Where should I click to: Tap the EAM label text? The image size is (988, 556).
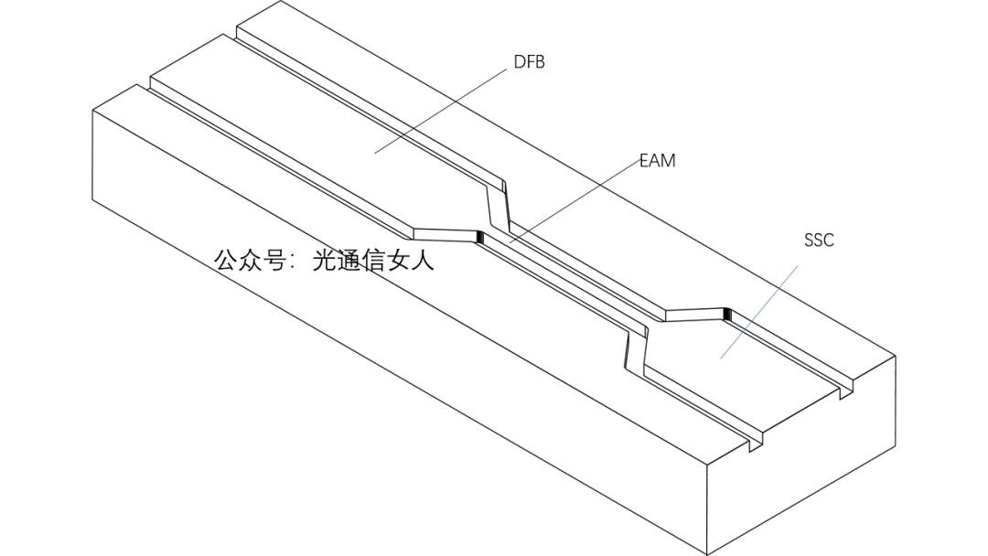point(657,161)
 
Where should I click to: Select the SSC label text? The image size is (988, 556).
point(819,241)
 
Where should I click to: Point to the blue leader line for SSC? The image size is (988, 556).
point(758,312)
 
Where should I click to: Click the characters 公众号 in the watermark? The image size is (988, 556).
point(250,261)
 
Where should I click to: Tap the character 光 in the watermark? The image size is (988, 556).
point(326,261)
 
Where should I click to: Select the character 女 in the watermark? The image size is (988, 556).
point(399,261)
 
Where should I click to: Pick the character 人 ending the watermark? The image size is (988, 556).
point(423,261)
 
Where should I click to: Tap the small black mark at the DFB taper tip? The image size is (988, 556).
point(479,238)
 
